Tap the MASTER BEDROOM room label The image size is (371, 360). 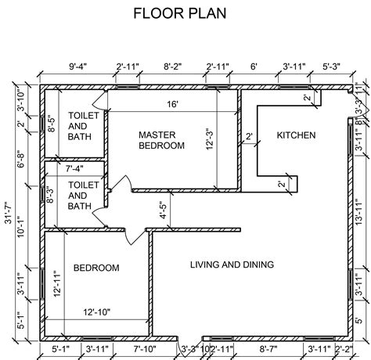point(161,139)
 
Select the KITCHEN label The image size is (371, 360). point(297,135)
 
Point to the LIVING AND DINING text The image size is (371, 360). point(232,265)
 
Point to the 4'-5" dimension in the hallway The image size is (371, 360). point(163,211)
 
